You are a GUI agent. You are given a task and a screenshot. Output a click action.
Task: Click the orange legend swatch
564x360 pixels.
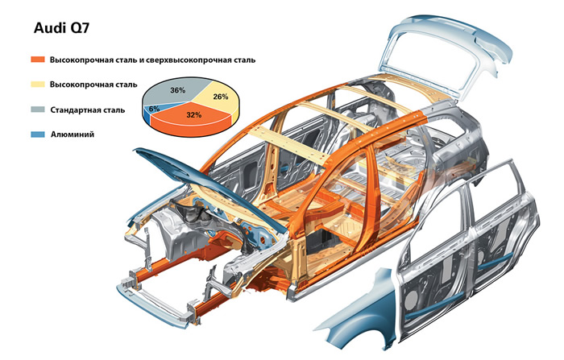click(37, 60)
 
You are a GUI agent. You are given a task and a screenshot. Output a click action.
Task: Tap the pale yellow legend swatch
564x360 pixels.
click(37, 85)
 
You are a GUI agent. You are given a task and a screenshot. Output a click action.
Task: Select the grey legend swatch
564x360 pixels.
click(37, 110)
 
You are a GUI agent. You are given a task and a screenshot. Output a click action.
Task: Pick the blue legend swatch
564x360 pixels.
click(37, 134)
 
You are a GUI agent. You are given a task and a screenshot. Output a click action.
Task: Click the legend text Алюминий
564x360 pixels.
click(73, 134)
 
